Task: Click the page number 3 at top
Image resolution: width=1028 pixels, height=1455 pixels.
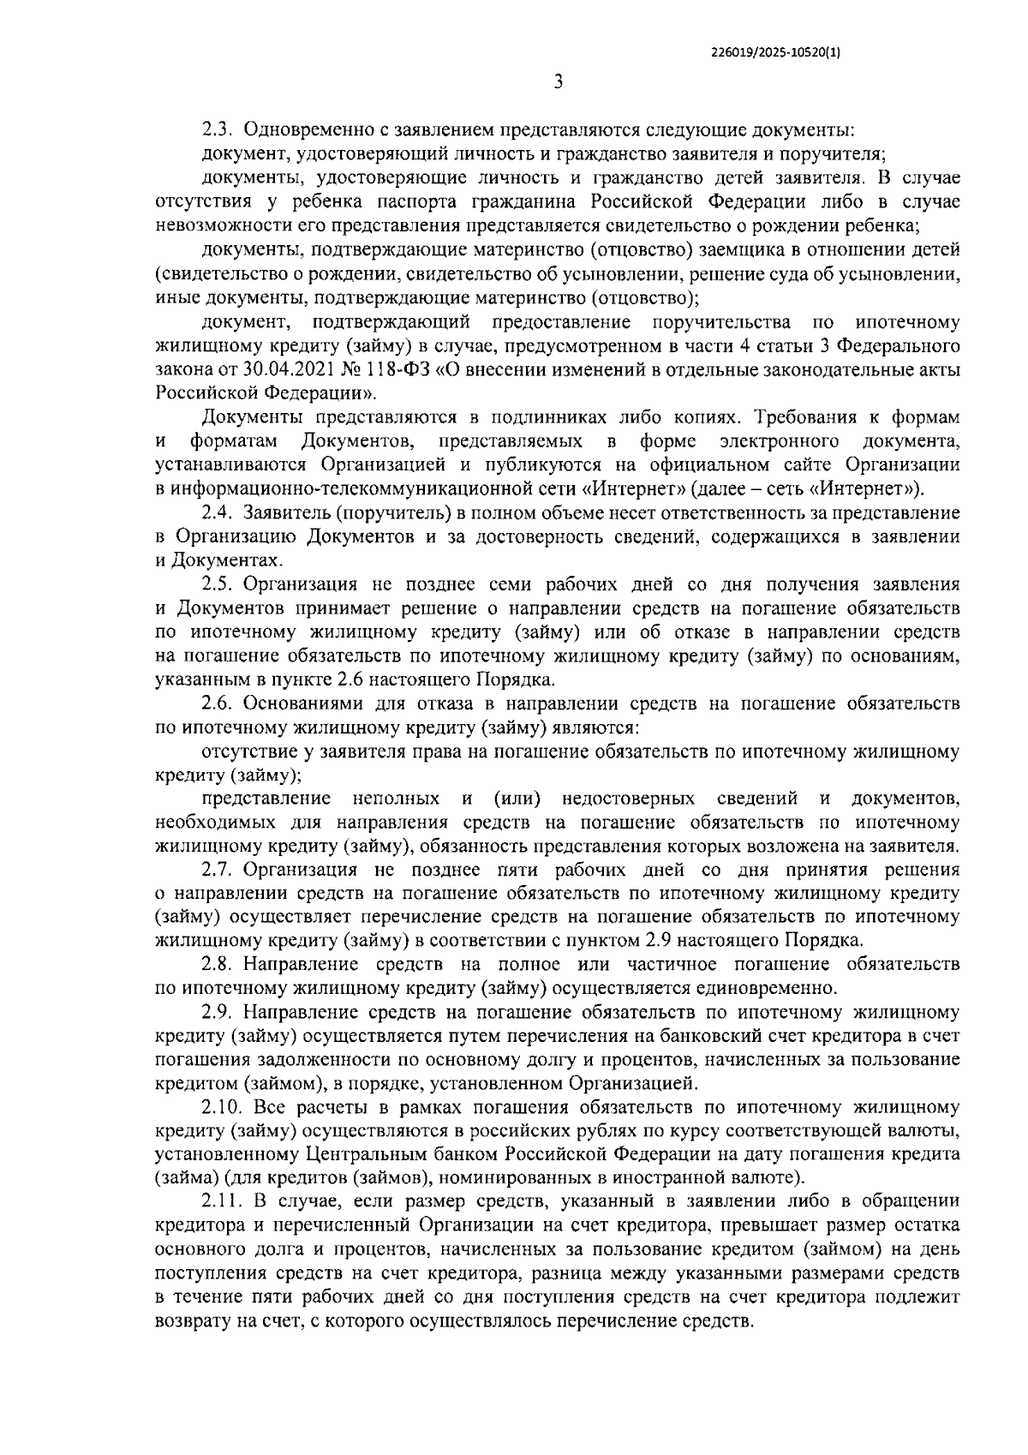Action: click(558, 83)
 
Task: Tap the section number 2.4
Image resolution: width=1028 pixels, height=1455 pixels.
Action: click(218, 513)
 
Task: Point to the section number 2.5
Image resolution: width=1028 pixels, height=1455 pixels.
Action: click(218, 584)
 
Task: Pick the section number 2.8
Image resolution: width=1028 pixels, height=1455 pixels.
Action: click(218, 964)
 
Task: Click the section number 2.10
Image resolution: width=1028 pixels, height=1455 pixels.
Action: click(222, 1107)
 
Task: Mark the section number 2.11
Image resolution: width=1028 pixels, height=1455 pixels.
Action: click(222, 1201)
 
